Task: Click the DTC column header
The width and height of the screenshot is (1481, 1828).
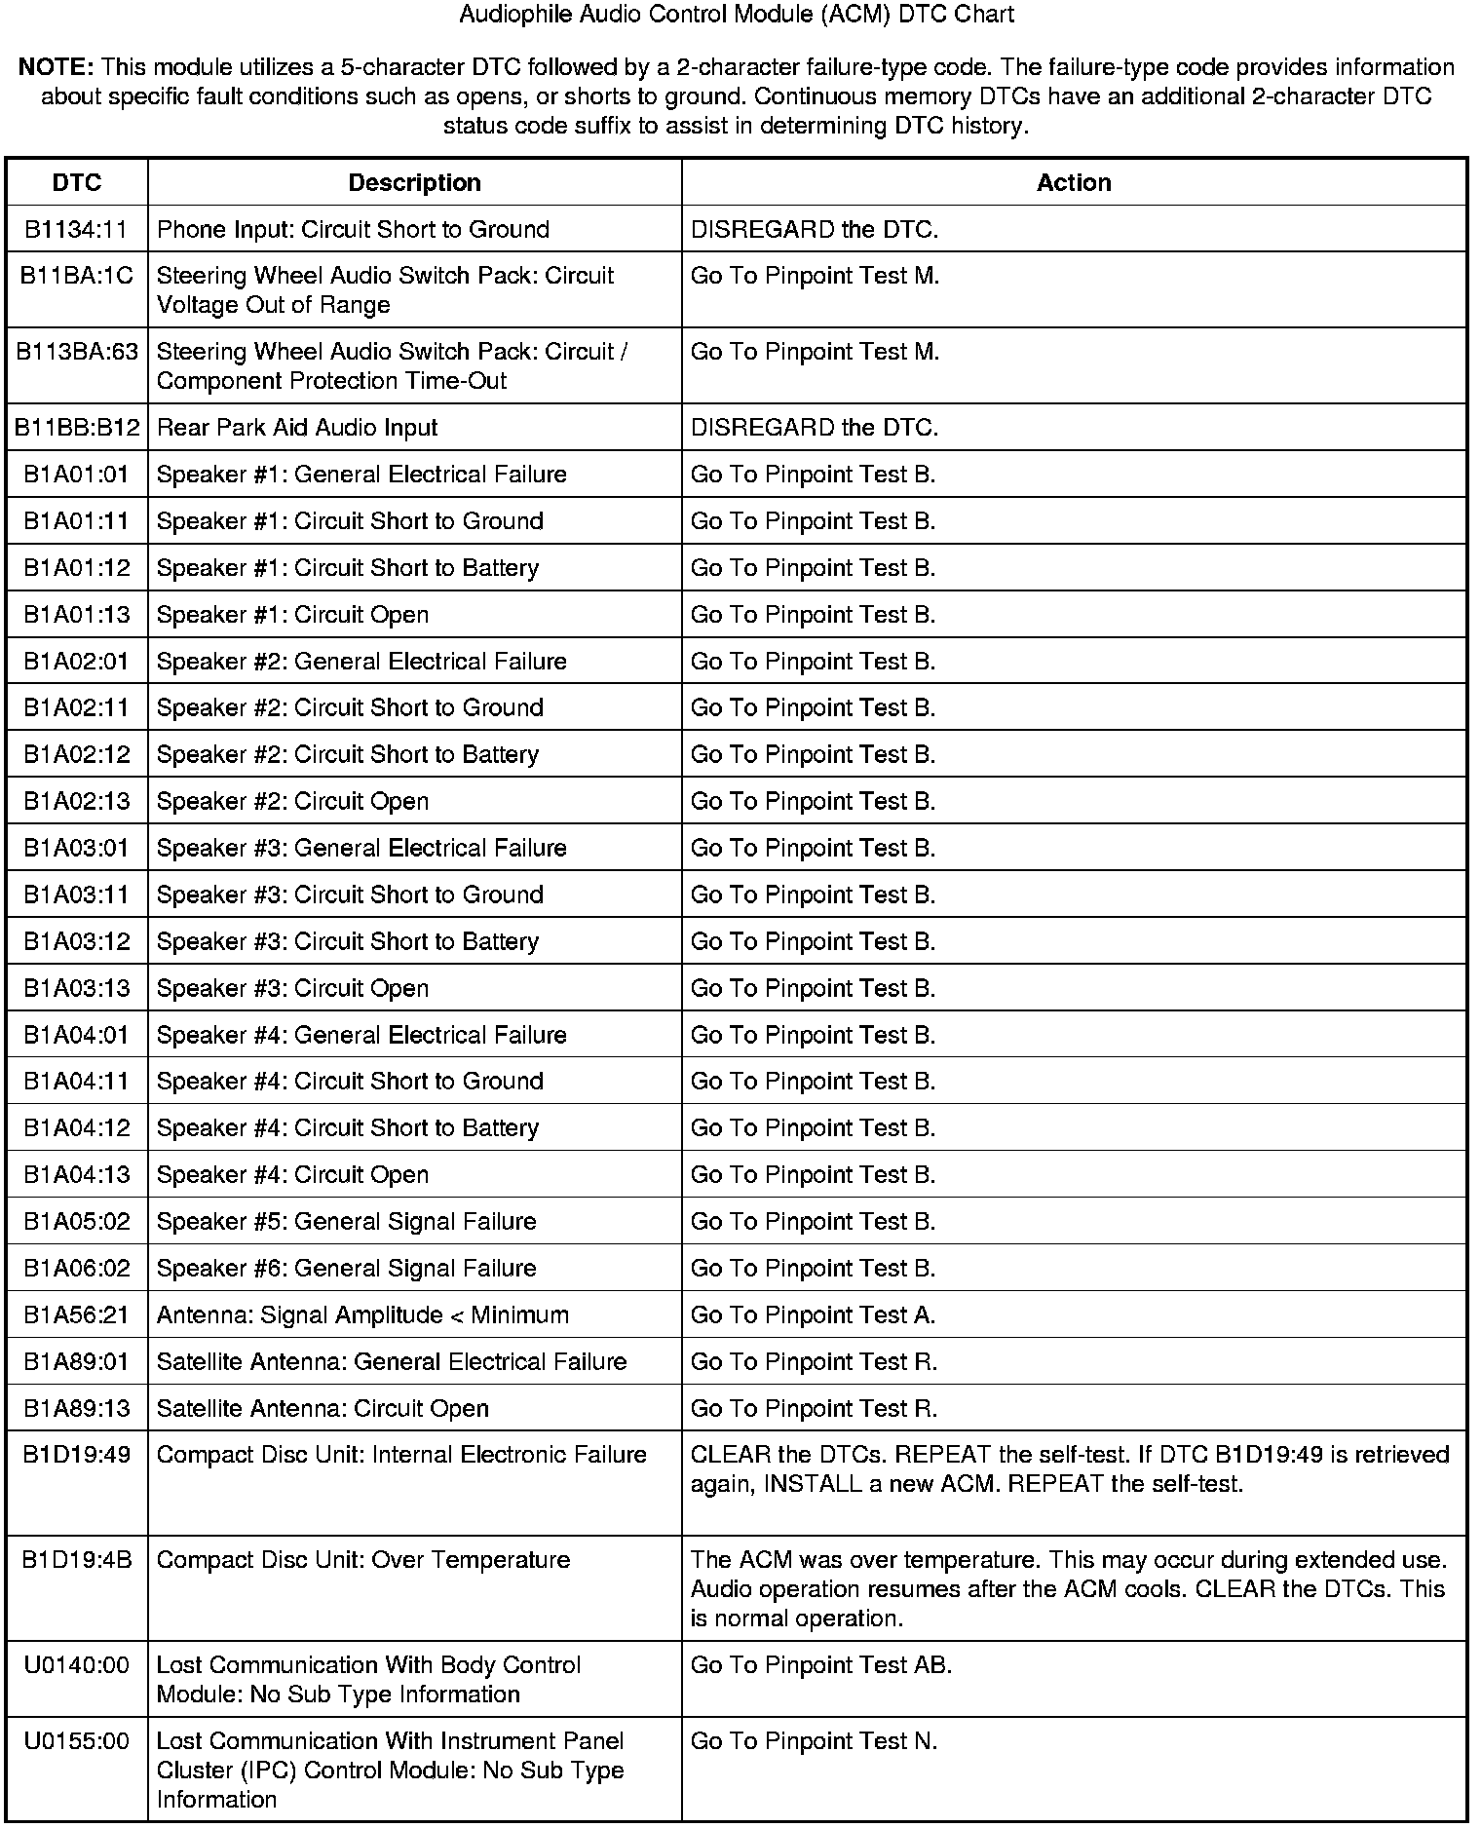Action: [76, 183]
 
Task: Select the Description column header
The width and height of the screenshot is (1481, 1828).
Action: [414, 183]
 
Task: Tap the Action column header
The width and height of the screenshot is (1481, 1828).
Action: [1074, 183]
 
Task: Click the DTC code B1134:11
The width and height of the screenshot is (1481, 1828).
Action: [76, 230]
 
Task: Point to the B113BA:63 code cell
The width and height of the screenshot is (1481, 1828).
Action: [77, 352]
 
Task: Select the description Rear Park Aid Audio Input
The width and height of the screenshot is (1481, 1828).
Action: [297, 428]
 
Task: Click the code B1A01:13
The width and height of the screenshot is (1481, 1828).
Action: [76, 615]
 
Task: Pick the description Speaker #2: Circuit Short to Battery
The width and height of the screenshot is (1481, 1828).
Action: [348, 755]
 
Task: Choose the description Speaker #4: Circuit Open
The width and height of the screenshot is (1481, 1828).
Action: [292, 1175]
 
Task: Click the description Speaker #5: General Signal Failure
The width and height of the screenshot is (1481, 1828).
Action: [346, 1222]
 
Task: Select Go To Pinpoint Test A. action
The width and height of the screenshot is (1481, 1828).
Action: [813, 1315]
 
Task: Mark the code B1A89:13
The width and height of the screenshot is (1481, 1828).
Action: [76, 1409]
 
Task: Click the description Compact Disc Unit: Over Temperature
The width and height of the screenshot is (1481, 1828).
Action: [363, 1560]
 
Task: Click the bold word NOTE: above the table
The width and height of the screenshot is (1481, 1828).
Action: [56, 68]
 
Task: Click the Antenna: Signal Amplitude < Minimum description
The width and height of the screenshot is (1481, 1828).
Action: [362, 1315]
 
